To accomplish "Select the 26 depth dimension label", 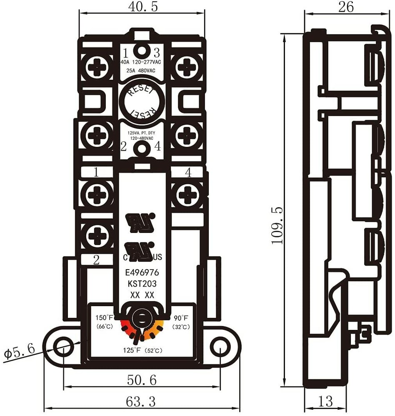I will [x=346, y=7].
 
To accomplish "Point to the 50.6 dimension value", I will [x=142, y=380].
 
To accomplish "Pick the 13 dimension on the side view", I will [x=325, y=401].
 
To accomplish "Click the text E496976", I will [x=142, y=273].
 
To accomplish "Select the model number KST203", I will [x=142, y=284].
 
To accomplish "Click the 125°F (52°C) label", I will [x=142, y=350].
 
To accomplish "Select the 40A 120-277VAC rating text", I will [x=141, y=62].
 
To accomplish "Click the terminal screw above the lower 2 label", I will [x=97, y=236].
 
